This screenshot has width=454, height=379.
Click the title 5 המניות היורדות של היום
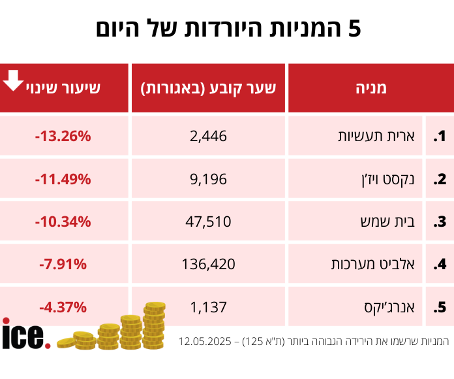pyautogui.click(x=228, y=29)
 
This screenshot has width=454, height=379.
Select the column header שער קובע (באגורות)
pyautogui.click(x=209, y=88)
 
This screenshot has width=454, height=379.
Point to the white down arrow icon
pyautogui.click(x=13, y=81)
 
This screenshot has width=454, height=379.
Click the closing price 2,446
pyautogui.click(x=209, y=137)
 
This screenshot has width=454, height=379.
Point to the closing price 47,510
pyautogui.click(x=209, y=222)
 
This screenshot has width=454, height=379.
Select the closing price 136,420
pyautogui.click(x=209, y=264)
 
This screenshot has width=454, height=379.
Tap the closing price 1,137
pyautogui.click(x=209, y=306)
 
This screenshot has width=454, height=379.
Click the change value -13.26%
pyautogui.click(x=63, y=137)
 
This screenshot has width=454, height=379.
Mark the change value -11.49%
pyautogui.click(x=63, y=179)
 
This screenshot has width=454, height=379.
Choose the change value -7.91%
pyautogui.click(x=63, y=264)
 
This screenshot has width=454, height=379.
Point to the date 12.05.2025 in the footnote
pyautogui.click(x=208, y=342)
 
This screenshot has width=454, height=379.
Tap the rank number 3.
pyautogui.click(x=440, y=222)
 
